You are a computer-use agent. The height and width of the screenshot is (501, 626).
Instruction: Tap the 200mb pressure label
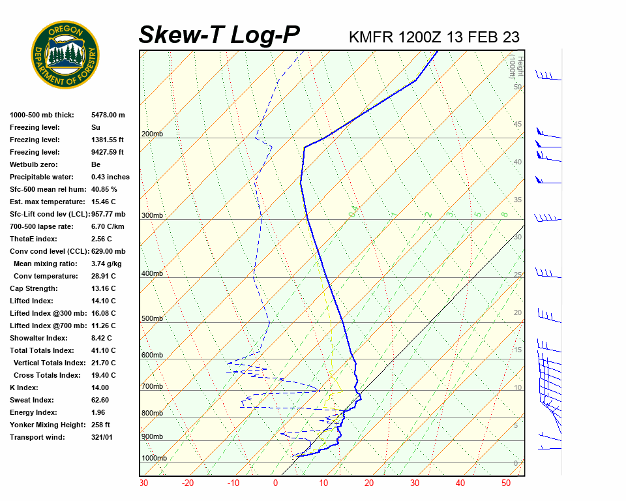152,134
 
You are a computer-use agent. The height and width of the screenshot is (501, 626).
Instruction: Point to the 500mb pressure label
152,318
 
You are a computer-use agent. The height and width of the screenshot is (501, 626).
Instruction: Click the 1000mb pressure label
154,458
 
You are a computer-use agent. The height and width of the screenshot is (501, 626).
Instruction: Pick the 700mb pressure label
152,387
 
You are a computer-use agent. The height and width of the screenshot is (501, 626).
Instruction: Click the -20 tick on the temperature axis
188,483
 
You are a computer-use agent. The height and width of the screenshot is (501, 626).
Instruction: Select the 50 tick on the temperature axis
505,483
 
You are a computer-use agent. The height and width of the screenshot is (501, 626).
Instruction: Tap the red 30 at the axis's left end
143,483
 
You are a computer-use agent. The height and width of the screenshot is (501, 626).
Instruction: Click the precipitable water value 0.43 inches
110,177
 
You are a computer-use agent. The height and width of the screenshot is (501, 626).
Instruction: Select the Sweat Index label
32,400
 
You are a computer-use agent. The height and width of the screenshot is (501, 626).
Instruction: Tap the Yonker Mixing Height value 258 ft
102,425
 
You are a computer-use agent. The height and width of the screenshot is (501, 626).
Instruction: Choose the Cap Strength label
33,288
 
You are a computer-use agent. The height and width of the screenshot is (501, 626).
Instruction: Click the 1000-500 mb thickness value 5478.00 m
108,115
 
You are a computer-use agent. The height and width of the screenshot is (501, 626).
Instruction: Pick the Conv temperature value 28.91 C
103,276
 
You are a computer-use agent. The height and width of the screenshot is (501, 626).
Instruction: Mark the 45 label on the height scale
518,125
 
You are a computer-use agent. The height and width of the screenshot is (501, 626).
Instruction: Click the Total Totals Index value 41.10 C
103,350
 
